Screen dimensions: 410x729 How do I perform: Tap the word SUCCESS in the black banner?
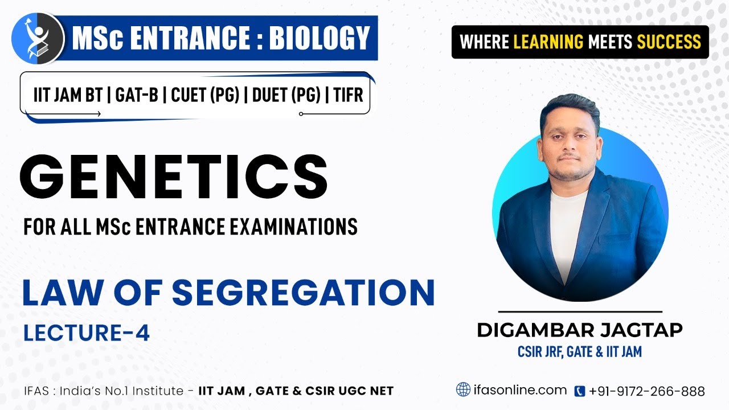(x=669, y=42)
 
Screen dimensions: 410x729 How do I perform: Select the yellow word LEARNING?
(x=548, y=42)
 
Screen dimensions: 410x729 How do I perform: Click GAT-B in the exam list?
(x=136, y=95)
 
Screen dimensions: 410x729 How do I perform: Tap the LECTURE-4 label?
(x=87, y=333)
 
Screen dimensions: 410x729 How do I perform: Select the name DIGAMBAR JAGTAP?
(x=579, y=330)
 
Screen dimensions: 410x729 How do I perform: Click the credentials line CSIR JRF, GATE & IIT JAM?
(x=579, y=352)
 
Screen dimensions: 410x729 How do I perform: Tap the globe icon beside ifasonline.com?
(x=464, y=390)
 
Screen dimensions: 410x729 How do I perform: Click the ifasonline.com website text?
(x=520, y=391)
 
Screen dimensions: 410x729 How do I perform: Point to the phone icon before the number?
(x=580, y=391)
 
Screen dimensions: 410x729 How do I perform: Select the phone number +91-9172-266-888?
(x=647, y=391)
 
